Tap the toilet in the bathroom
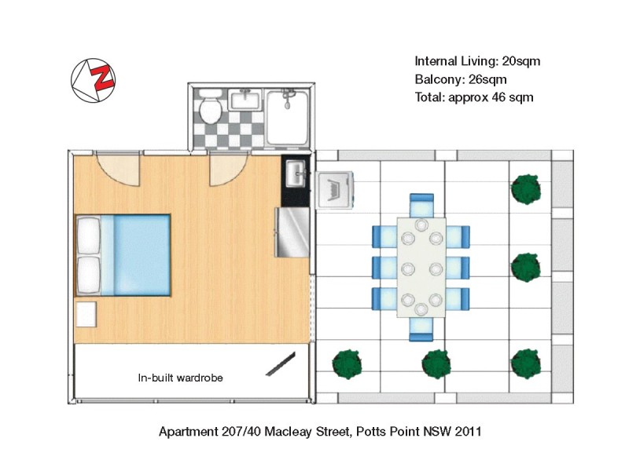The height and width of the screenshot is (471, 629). coord(209,107)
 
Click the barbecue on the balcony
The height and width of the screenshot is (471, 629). coord(337,189)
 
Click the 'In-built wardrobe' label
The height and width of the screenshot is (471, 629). coord(180,378)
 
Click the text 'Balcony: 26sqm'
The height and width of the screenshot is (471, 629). coord(460,79)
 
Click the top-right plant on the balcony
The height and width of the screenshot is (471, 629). coord(527,188)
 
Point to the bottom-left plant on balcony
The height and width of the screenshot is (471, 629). coord(347,363)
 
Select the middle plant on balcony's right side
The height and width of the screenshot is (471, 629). coord(527,267)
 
